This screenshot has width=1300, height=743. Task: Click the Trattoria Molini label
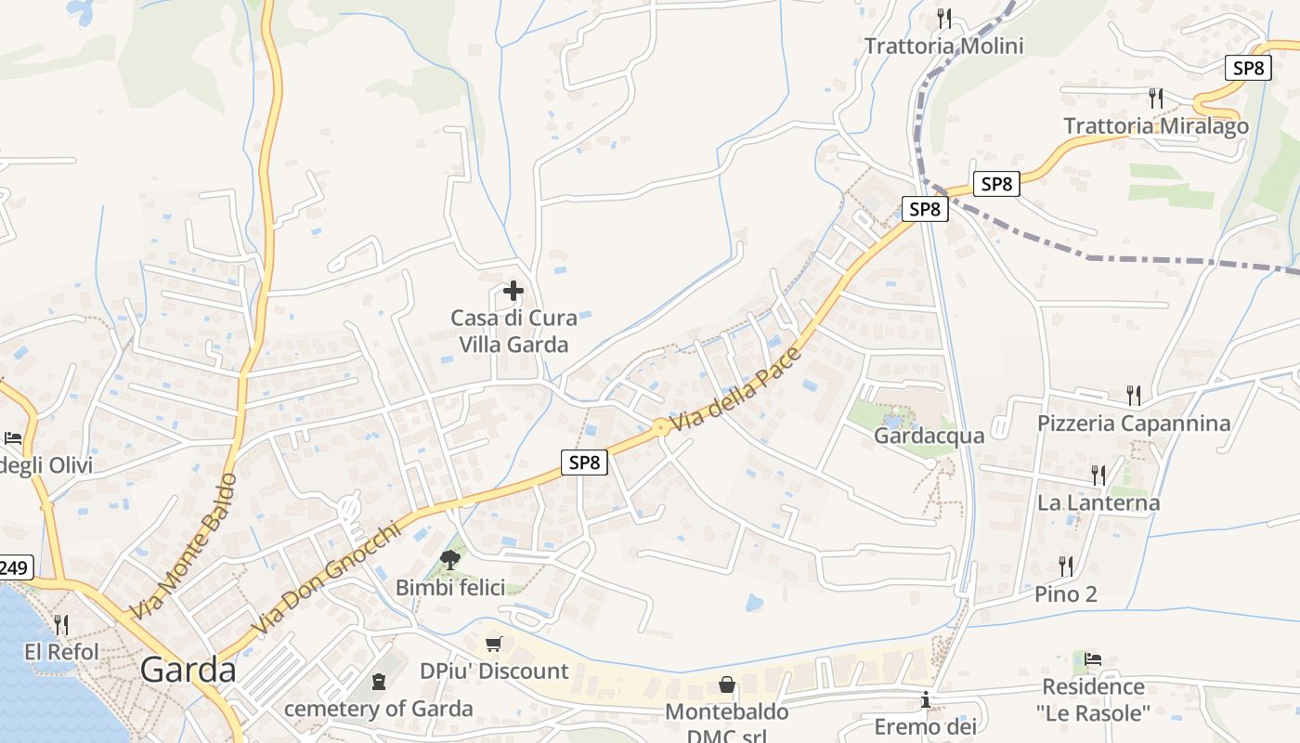click(943, 46)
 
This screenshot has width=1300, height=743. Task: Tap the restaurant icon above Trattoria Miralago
click(1156, 98)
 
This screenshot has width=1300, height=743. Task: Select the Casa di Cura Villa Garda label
click(513, 331)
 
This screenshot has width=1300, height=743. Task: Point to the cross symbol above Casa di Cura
click(513, 291)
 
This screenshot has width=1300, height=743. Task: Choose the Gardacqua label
click(929, 435)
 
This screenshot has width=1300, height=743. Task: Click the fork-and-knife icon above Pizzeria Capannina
click(1134, 396)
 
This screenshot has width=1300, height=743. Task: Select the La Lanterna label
click(1098, 502)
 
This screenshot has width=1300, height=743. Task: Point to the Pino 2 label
click(1066, 593)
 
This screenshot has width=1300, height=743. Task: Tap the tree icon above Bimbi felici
click(450, 559)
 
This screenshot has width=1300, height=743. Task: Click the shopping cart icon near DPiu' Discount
click(494, 644)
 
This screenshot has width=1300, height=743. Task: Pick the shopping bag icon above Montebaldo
click(727, 684)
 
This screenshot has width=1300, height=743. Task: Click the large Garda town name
click(188, 670)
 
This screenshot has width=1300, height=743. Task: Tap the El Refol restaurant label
click(61, 652)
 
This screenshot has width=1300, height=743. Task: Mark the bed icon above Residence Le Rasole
click(1093, 659)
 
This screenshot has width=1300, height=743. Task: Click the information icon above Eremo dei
click(926, 699)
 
